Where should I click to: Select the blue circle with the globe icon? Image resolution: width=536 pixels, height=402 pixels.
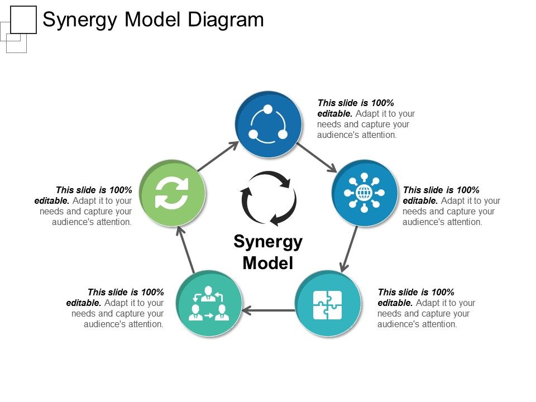(x=364, y=193)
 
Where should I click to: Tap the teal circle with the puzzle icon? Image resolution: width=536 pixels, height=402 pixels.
(x=327, y=304)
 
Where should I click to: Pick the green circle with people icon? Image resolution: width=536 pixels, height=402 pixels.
(x=209, y=304)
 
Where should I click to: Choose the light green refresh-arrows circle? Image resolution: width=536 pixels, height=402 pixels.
(x=173, y=193)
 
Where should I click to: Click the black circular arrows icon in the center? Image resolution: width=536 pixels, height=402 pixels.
(x=269, y=198)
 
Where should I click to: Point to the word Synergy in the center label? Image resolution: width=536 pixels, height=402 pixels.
(x=268, y=242)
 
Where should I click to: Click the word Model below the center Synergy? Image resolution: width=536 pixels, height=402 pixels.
(x=268, y=263)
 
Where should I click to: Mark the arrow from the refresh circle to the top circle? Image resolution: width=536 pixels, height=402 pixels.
(x=218, y=157)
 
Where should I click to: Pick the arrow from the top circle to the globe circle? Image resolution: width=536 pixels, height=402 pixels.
(x=317, y=157)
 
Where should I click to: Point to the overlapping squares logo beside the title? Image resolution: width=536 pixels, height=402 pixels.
(x=18, y=28)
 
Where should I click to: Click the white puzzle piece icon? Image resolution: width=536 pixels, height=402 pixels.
(x=327, y=304)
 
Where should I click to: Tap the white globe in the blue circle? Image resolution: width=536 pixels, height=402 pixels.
(x=364, y=193)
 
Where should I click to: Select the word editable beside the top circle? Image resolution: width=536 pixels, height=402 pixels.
(x=334, y=114)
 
